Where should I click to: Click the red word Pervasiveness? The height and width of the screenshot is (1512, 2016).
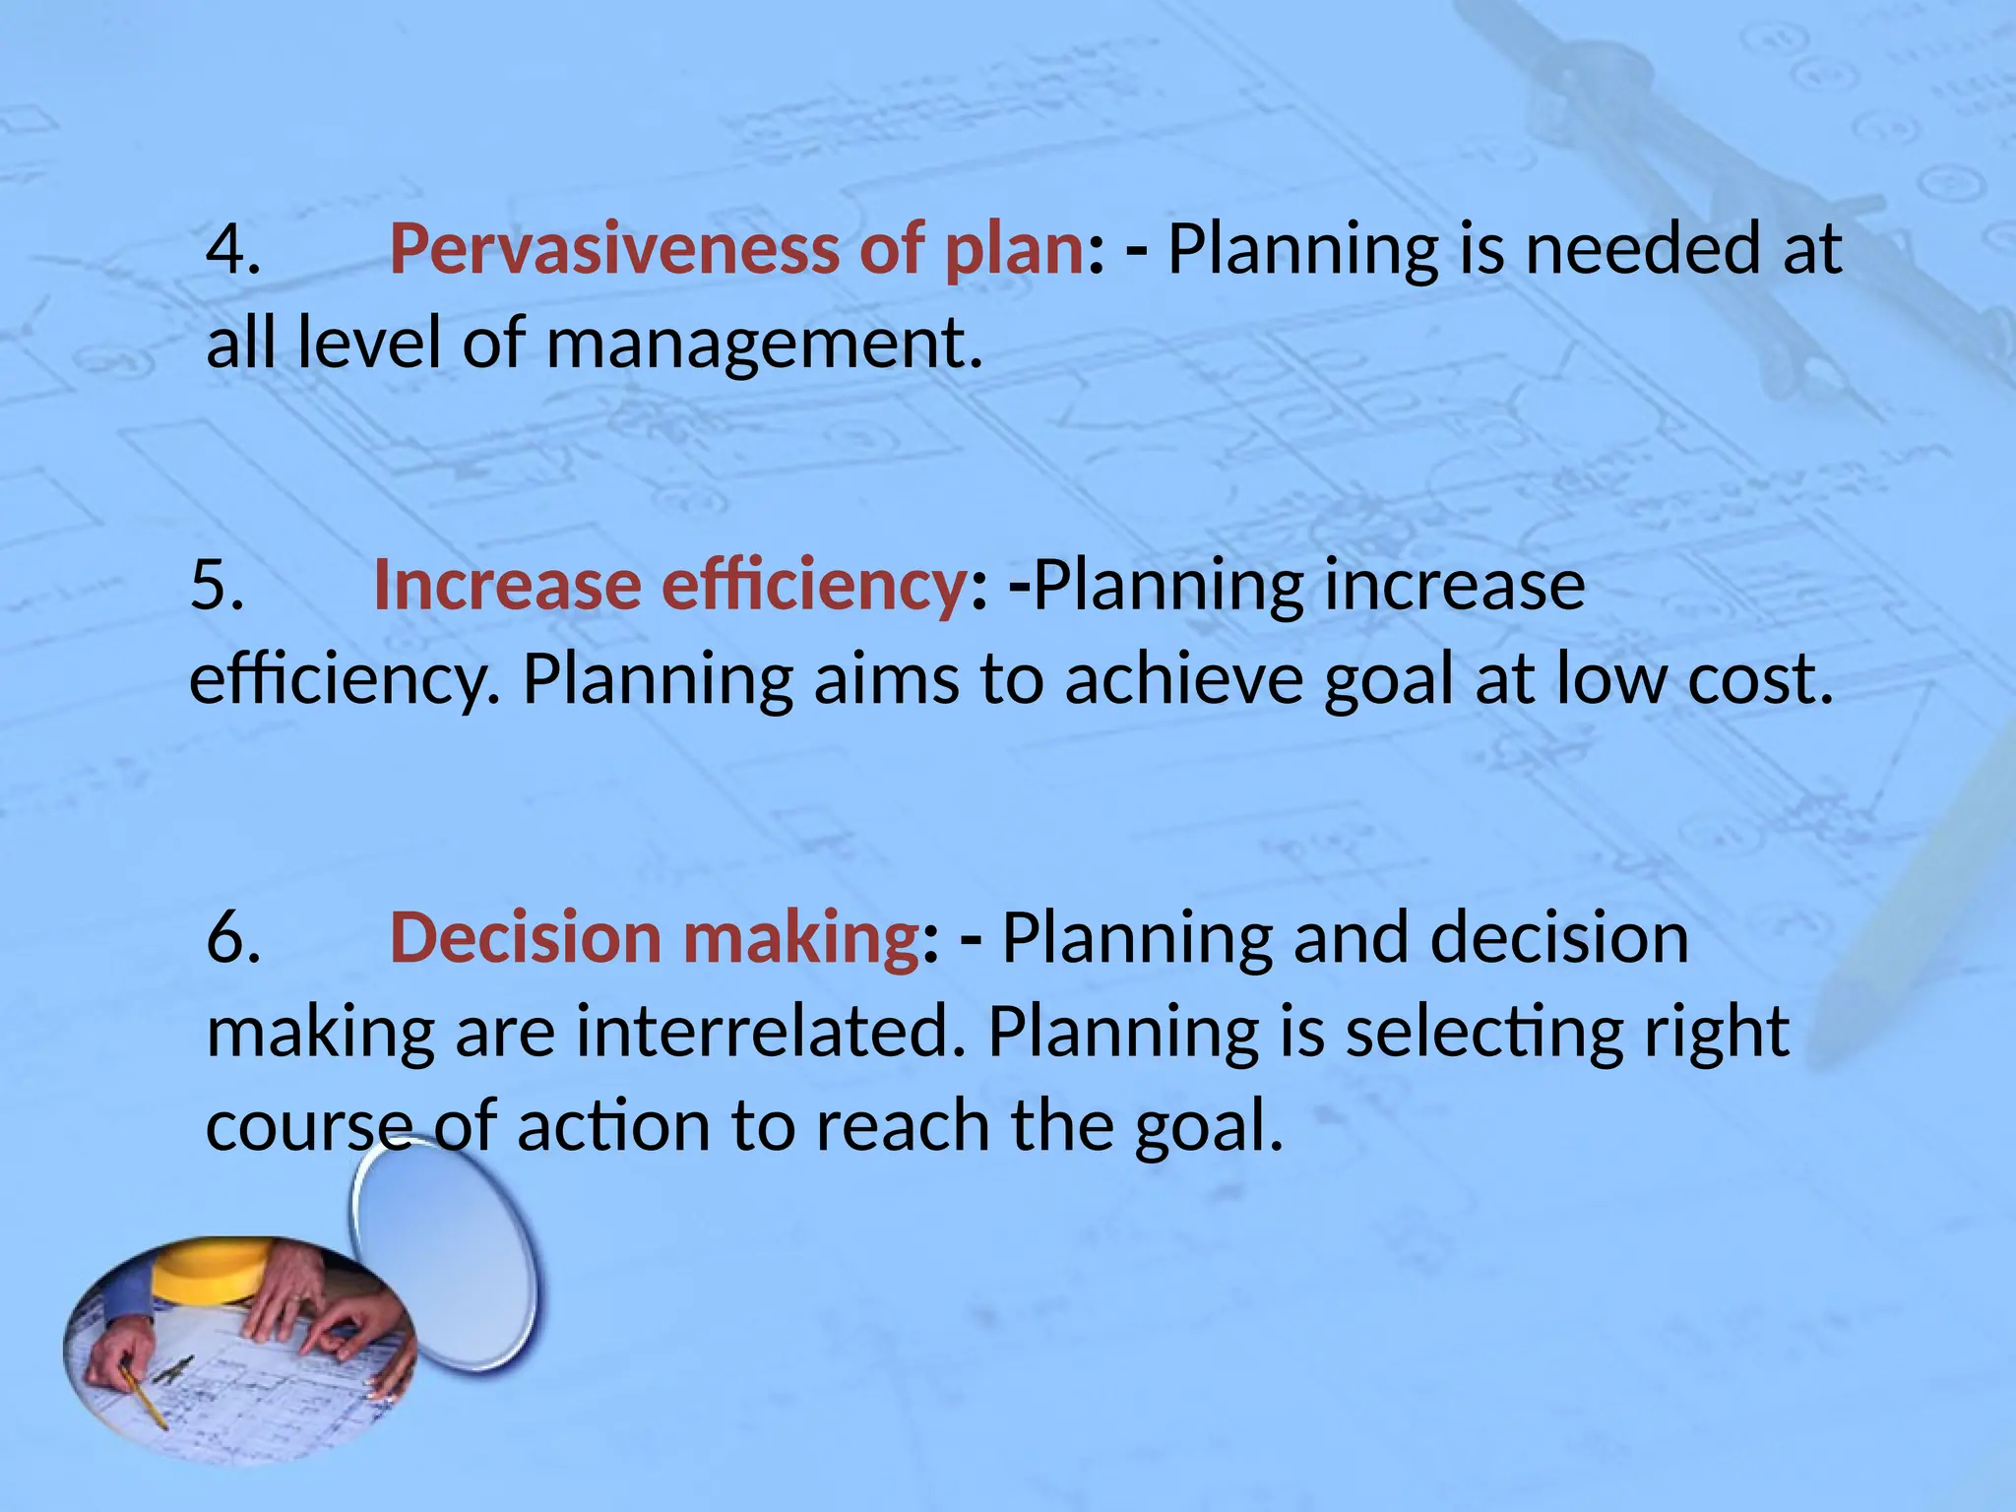pyautogui.click(x=612, y=249)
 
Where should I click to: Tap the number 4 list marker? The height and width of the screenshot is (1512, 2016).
pyautogui.click(x=232, y=249)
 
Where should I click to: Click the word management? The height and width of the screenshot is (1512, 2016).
pyautogui.click(x=763, y=344)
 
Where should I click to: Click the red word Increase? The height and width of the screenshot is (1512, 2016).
pyautogui.click(x=507, y=585)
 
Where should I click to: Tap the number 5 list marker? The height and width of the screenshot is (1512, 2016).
pyautogui.click(x=217, y=585)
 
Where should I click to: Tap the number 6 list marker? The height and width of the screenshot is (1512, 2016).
pyautogui.click(x=232, y=937)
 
